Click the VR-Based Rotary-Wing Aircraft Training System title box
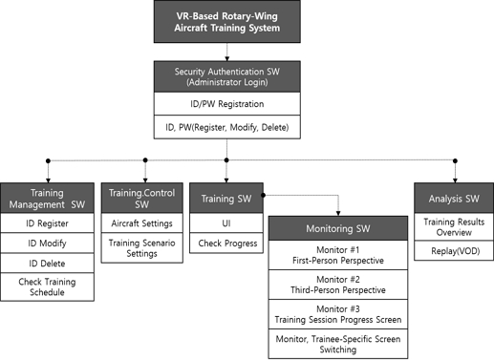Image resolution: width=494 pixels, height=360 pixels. [x=226, y=21]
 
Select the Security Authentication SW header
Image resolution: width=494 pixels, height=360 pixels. [x=226, y=77]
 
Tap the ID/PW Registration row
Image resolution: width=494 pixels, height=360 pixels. [x=226, y=103]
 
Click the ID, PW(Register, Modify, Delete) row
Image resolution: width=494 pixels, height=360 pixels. [x=226, y=126]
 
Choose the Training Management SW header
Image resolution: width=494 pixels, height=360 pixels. [x=47, y=198]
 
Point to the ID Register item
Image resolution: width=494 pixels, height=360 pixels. [x=47, y=225]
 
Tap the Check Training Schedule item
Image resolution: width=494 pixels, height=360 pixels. [x=47, y=286]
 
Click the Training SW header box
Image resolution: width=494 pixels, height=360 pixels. [x=226, y=198]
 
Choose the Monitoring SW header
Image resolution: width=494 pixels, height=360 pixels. [x=339, y=230]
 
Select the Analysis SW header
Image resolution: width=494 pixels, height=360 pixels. [x=455, y=198]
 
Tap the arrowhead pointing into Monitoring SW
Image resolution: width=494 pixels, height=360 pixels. [x=339, y=213]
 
